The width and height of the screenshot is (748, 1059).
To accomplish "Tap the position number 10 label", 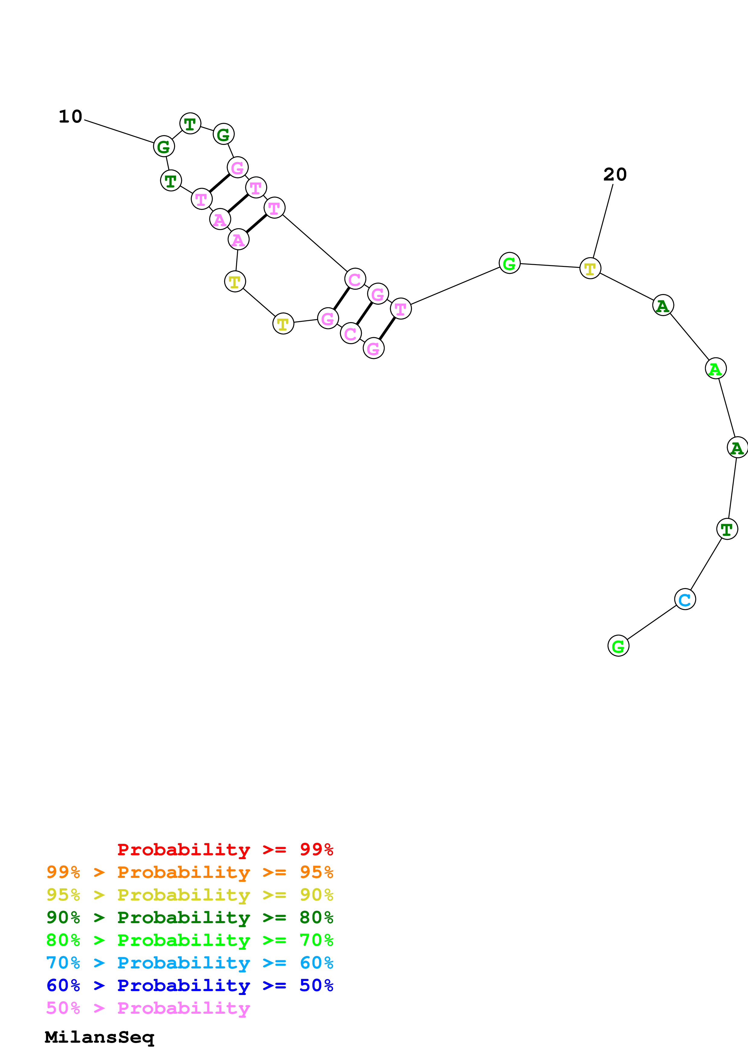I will click(71, 117).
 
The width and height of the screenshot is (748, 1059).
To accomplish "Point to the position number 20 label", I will click(615, 174).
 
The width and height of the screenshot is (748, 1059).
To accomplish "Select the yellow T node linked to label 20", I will click(590, 268).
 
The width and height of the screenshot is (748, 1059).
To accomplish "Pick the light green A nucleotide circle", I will click(715, 369).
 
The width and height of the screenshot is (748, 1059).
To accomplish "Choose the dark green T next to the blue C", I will click(727, 529).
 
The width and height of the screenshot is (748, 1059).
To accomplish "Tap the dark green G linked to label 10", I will click(164, 147).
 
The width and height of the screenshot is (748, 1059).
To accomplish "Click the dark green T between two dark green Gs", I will click(190, 123).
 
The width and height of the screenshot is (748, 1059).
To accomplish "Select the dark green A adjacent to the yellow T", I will click(663, 305).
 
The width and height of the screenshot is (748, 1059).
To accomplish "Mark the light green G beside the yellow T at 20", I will click(509, 263).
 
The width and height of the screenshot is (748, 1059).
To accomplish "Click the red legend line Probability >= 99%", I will click(225, 849).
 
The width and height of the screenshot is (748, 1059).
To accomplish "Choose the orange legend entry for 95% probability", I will click(189, 872).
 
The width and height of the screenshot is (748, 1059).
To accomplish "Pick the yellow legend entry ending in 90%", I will click(189, 894).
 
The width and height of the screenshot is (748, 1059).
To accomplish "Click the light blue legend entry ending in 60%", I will click(189, 963).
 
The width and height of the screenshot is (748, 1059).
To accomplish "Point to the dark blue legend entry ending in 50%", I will click(189, 985).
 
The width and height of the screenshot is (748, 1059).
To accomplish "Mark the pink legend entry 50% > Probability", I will click(148, 1008).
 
